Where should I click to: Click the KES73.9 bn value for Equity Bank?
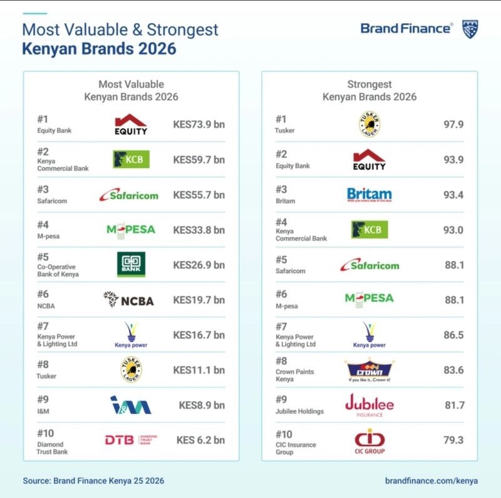(x=199, y=124)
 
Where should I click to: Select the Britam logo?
(x=369, y=195)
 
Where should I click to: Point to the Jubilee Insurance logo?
(x=369, y=405)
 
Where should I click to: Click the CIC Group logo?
(x=369, y=441)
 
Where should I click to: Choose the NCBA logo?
(x=128, y=300)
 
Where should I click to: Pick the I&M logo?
(x=130, y=405)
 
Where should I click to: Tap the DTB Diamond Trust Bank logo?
(x=130, y=440)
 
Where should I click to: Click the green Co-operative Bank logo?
(x=132, y=264)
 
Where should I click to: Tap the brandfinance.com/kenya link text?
(x=431, y=480)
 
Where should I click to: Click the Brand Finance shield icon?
(x=470, y=29)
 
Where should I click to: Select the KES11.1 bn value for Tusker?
(x=199, y=370)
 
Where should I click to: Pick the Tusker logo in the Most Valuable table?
(x=131, y=370)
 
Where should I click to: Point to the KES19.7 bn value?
(x=199, y=300)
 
